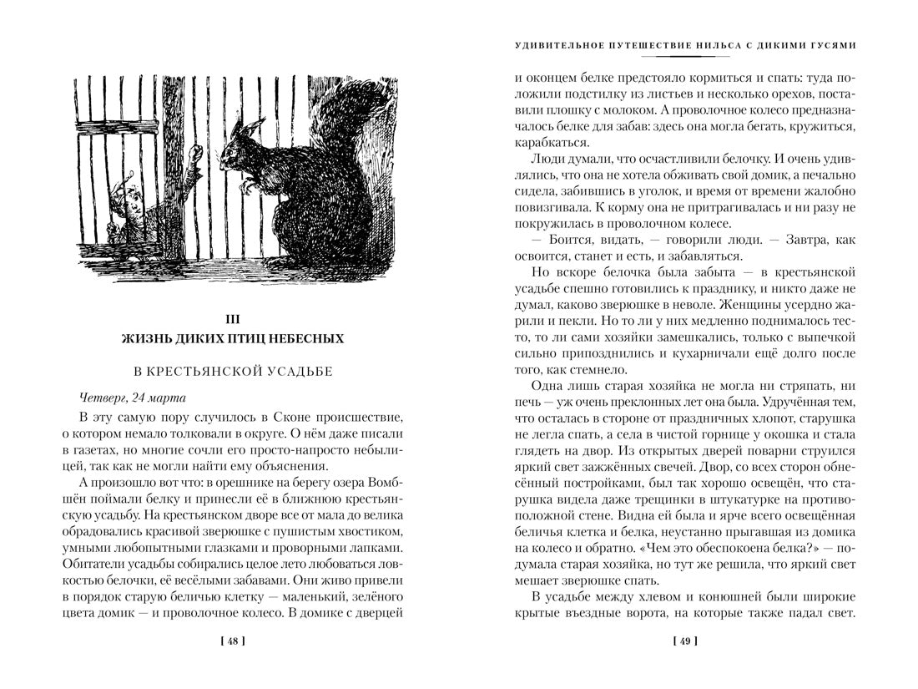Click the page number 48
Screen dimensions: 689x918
[x=232, y=641]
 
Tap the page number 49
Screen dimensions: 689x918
[x=684, y=641]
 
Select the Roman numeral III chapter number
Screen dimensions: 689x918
[x=233, y=317]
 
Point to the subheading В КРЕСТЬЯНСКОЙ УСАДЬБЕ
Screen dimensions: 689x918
[x=233, y=370]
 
